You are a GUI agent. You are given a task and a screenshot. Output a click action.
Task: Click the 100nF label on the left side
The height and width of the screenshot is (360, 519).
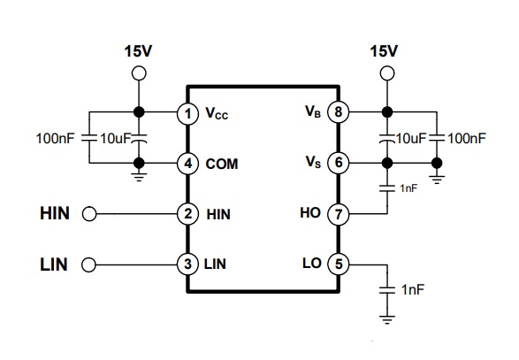point(56,139)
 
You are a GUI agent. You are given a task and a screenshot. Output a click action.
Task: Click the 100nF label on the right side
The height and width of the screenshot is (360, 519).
point(467,139)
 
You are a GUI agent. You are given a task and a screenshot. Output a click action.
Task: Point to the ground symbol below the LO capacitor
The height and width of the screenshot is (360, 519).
point(387,319)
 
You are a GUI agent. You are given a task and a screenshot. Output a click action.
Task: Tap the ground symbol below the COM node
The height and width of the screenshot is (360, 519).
point(139,177)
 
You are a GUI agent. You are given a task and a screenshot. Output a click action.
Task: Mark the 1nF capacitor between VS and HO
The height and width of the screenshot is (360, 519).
point(387,188)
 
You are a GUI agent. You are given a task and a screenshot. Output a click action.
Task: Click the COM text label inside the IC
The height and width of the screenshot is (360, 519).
point(221,164)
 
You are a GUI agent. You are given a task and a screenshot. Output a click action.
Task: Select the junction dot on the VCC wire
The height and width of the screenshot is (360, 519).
point(139,112)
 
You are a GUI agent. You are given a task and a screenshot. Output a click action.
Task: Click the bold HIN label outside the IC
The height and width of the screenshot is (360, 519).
point(55,214)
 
